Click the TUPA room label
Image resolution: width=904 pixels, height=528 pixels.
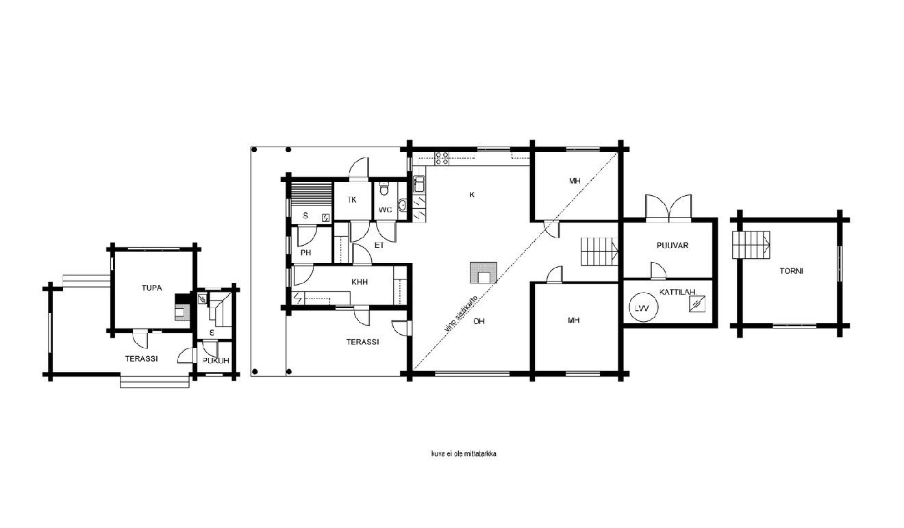152,288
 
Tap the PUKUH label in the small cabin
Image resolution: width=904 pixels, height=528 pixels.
216,360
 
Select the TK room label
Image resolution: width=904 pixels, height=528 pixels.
352,200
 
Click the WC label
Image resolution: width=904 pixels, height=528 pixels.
386,210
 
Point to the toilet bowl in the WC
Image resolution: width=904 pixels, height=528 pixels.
384,188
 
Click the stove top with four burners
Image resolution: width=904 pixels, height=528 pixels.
442,158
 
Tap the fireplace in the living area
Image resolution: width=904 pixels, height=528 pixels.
484,273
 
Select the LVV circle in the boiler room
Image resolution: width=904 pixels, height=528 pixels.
643,308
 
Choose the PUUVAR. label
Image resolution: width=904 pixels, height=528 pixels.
673,245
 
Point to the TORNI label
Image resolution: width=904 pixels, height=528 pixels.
791,271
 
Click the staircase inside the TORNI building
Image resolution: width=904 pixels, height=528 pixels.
751,244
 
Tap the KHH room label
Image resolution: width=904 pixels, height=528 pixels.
359,281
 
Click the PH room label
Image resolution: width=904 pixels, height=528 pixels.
306,253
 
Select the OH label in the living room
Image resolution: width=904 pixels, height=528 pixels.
479,321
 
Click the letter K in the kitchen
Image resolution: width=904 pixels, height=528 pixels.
472,195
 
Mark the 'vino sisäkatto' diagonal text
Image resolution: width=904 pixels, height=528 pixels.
461,314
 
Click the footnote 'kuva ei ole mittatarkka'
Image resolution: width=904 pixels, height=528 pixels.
464,454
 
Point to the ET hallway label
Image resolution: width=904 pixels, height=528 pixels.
379,245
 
